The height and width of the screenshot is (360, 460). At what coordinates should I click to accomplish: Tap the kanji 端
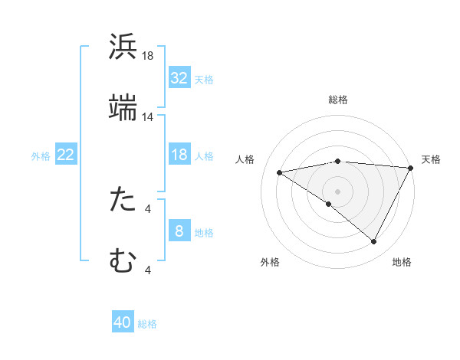pos(123,108)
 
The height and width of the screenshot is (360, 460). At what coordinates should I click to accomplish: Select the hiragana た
pos(123,200)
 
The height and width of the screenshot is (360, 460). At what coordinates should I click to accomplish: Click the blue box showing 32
pos(179,78)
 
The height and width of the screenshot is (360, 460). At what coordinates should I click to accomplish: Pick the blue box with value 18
pos(179,155)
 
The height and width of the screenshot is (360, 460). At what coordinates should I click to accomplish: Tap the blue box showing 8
pos(179,231)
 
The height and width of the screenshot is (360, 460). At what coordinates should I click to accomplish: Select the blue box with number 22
pos(65,155)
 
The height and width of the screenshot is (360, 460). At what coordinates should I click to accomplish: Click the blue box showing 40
pos(123,322)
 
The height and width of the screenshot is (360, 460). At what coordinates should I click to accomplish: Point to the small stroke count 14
pos(148,117)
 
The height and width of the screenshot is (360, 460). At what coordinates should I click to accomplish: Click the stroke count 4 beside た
pos(148,208)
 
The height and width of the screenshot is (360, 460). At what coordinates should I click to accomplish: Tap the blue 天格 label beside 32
pos(203,79)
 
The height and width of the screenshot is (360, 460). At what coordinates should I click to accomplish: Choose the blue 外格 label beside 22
pos(41,156)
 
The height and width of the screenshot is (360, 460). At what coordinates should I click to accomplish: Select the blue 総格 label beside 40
pos(147,323)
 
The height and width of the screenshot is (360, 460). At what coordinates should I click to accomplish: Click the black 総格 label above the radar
pos(337,100)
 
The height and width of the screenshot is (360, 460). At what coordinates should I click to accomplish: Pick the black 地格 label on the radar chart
pos(402,262)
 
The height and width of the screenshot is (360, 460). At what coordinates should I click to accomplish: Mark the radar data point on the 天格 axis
pos(411,168)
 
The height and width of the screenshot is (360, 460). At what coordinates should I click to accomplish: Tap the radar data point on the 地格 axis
pos(374,242)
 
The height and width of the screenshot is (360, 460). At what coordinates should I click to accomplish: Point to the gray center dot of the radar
pos(337,191)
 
